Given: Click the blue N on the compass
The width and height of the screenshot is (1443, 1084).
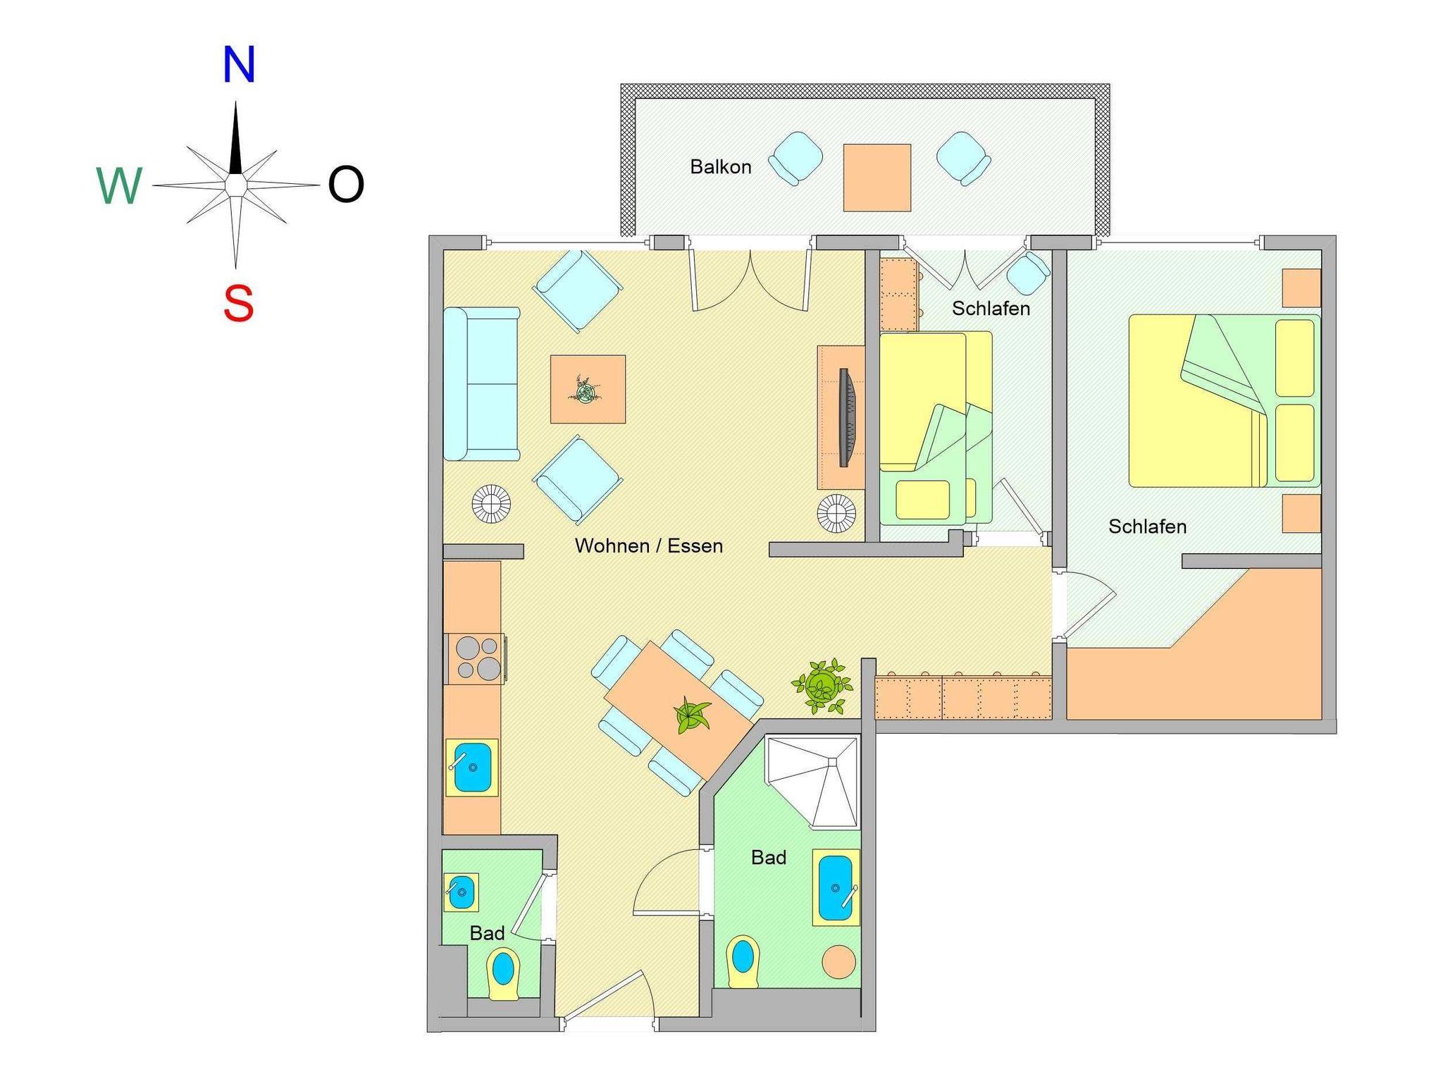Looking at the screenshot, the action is coord(238,65).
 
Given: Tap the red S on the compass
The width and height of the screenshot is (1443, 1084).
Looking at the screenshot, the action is coord(239,304).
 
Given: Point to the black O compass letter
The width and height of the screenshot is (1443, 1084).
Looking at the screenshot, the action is coord(346,185).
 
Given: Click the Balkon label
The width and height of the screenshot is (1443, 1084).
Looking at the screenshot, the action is coord(721,167).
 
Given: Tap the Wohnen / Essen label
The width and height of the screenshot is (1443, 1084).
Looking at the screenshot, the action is coord(649,546).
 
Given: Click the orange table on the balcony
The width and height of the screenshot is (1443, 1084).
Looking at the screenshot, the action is coord(877,178).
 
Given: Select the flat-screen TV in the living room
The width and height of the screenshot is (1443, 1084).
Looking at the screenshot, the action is coord(846,417).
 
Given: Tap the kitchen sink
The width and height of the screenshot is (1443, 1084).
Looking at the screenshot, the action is coord(472,767).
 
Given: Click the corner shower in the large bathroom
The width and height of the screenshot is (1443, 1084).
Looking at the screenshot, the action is coord(814,782).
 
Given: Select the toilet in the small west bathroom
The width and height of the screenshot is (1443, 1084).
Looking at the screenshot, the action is coord(503,975).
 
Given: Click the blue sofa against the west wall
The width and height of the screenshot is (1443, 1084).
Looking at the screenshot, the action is coord(482,384).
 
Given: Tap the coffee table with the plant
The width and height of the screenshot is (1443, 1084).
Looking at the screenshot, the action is coord(588,389).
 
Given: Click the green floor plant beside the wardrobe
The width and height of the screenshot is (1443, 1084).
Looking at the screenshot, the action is coord(822,685).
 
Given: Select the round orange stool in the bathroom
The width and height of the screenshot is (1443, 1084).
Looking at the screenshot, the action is coord(838,961).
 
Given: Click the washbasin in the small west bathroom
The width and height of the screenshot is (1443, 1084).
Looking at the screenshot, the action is coord(462,892).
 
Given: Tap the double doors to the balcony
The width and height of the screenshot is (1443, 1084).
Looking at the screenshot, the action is coord(750,278).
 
